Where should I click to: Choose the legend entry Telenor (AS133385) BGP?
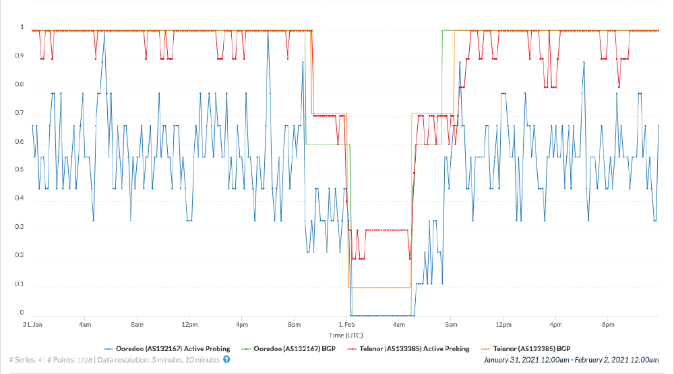coord(533,348)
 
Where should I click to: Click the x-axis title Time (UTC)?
coord(345,335)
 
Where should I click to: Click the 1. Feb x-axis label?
coord(346,325)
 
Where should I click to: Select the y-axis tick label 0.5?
coord(22,170)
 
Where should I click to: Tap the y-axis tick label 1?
coord(22,28)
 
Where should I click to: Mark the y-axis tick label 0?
coord(22,313)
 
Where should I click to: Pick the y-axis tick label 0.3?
coord(22,227)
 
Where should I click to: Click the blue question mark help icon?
coord(226,360)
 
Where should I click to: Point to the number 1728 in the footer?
coord(84,360)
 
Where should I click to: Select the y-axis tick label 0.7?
coord(22,113)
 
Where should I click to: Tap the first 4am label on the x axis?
coord(85,325)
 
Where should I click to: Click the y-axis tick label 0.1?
coord(22,284)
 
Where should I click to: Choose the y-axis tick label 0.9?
coord(22,56)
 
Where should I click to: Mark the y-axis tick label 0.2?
coord(22,255)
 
